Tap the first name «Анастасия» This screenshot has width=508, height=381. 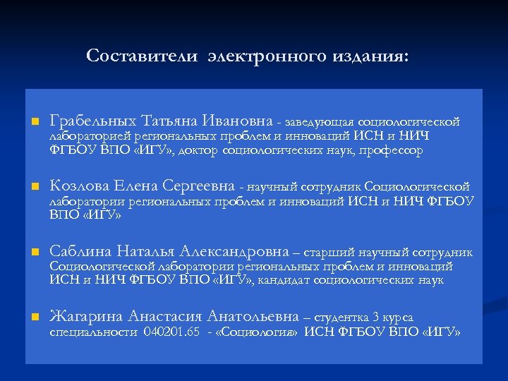(161, 317)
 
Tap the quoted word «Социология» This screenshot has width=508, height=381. (260, 331)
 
